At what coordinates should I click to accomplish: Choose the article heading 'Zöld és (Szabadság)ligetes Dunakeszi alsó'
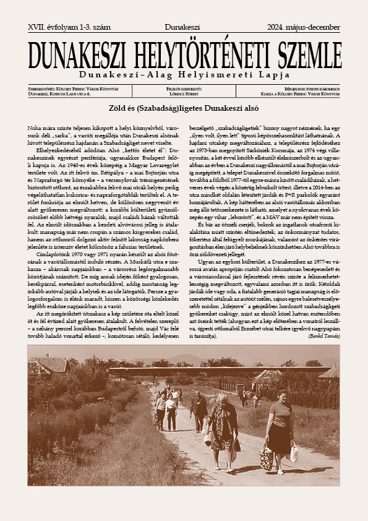pyautogui.click(x=184, y=108)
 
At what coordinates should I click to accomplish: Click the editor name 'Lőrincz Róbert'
pyautogui.click(x=184, y=94)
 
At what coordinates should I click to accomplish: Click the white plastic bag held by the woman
pyautogui.click(x=294, y=454)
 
